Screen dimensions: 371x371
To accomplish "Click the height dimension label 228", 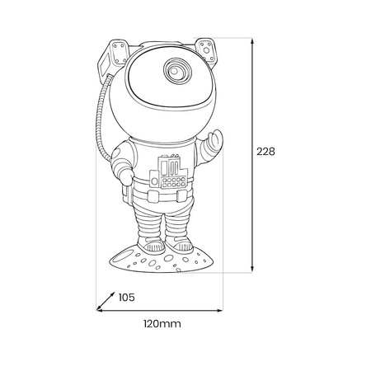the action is pyautogui.click(x=265, y=152).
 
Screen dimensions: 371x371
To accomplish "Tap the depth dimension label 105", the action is pyautogui.click(x=127, y=298).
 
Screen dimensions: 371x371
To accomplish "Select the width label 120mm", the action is pyautogui.click(x=162, y=324).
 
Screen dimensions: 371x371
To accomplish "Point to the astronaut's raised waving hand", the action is pyautogui.click(x=214, y=142).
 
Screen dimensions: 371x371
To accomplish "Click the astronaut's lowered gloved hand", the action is pyautogui.click(x=126, y=176).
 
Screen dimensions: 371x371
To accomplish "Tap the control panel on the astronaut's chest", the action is pyautogui.click(x=169, y=171).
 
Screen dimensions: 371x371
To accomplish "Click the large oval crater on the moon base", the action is pyautogui.click(x=122, y=259).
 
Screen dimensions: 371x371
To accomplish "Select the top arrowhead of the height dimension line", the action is pyautogui.click(x=252, y=42).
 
